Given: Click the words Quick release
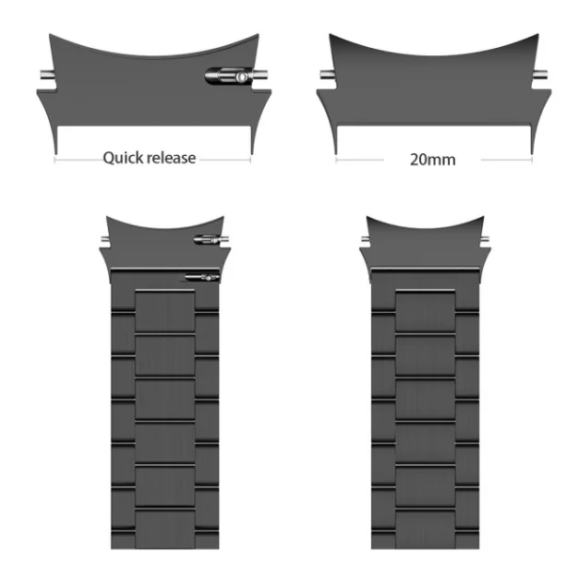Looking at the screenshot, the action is click(x=149, y=158).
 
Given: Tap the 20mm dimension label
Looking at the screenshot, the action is click(x=432, y=159).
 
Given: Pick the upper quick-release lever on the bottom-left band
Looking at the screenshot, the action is click(x=207, y=240).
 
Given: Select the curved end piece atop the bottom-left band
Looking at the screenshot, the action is click(x=157, y=245).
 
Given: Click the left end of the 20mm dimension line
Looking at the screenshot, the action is click(x=336, y=159).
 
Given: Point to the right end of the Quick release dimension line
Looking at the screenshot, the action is click(x=250, y=159).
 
